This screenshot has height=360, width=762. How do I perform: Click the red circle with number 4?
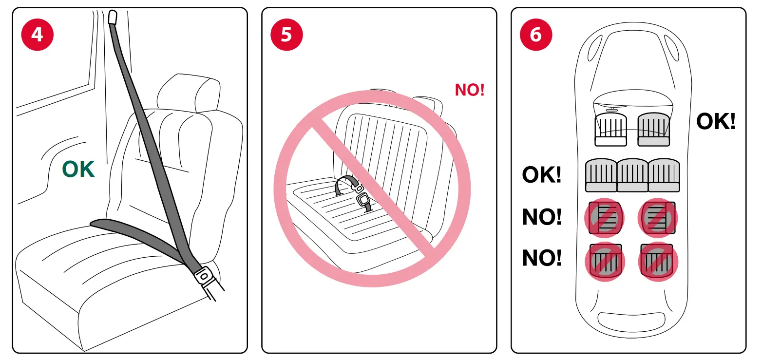tap(37, 35)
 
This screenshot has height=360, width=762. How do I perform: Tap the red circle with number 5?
tap(286, 35)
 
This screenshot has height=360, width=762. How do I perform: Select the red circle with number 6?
tap(536, 35)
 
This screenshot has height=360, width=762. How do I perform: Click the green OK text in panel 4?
tap(78, 169)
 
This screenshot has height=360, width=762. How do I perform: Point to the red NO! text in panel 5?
tap(469, 90)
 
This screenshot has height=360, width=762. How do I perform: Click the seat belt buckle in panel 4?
tap(204, 277)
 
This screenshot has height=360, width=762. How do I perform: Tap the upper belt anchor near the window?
tap(113, 18)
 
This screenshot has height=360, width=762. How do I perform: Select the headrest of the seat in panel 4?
tap(187, 93)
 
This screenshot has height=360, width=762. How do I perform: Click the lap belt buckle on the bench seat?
tap(362, 200)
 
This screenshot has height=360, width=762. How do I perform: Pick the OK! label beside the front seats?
tap(715, 121)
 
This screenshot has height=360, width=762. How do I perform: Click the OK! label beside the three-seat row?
tap(541, 174)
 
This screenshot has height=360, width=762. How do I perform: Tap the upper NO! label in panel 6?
tap(541, 217)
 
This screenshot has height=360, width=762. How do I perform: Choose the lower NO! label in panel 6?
tap(541, 258)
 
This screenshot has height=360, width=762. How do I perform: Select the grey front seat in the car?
tap(654, 130)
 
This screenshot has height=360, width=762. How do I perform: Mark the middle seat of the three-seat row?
tap(632, 175)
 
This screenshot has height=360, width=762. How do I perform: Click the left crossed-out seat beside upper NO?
tap(604, 217)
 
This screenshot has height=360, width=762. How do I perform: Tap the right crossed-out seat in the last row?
tap(657, 261)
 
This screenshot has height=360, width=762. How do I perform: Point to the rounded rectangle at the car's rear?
tap(631, 322)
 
